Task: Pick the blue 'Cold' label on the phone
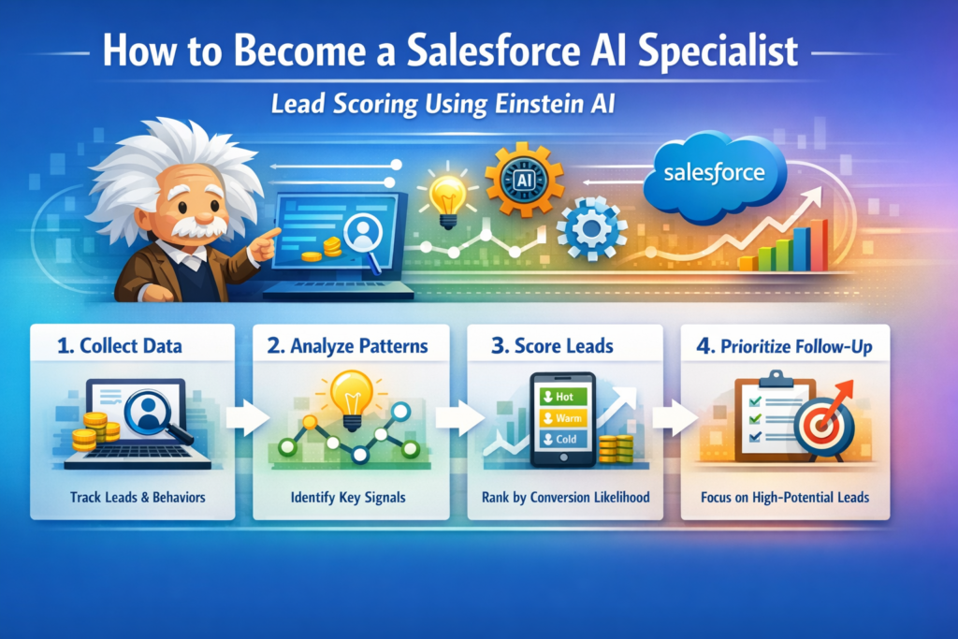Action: click(563, 439)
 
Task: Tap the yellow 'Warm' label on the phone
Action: click(563, 416)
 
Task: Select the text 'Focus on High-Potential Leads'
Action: click(785, 497)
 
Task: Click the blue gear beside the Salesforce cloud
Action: click(591, 228)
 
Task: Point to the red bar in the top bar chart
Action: click(818, 245)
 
